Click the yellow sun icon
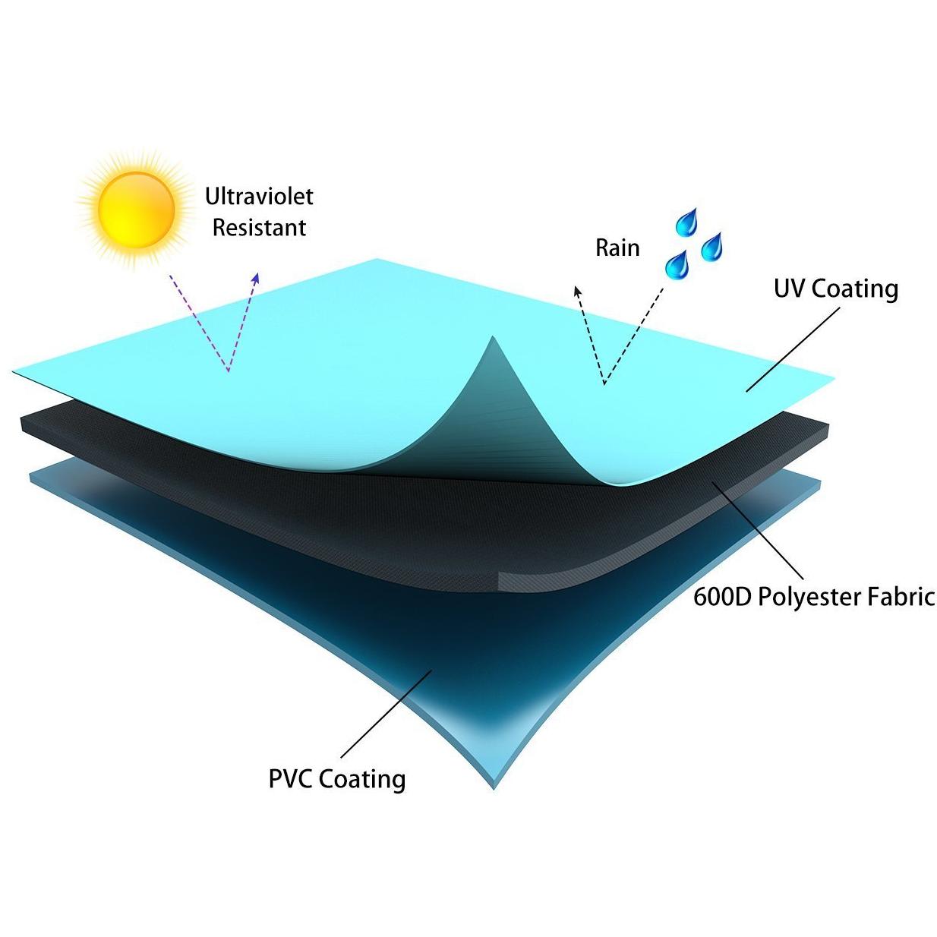coord(136,210)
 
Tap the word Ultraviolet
coord(259,197)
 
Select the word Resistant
coord(259,228)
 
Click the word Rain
coord(617,248)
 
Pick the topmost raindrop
coord(687,222)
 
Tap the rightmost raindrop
coord(712,247)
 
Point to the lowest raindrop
coord(676,265)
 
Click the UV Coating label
coord(836,289)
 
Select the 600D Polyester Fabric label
coord(814,598)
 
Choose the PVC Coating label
coord(337,779)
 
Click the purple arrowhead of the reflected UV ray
coord(255,278)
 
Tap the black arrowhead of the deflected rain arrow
coord(577,292)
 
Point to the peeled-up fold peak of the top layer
coord(493,336)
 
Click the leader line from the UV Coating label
coord(793,349)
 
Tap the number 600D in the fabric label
coord(723,597)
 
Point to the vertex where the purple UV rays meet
coord(228,372)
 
